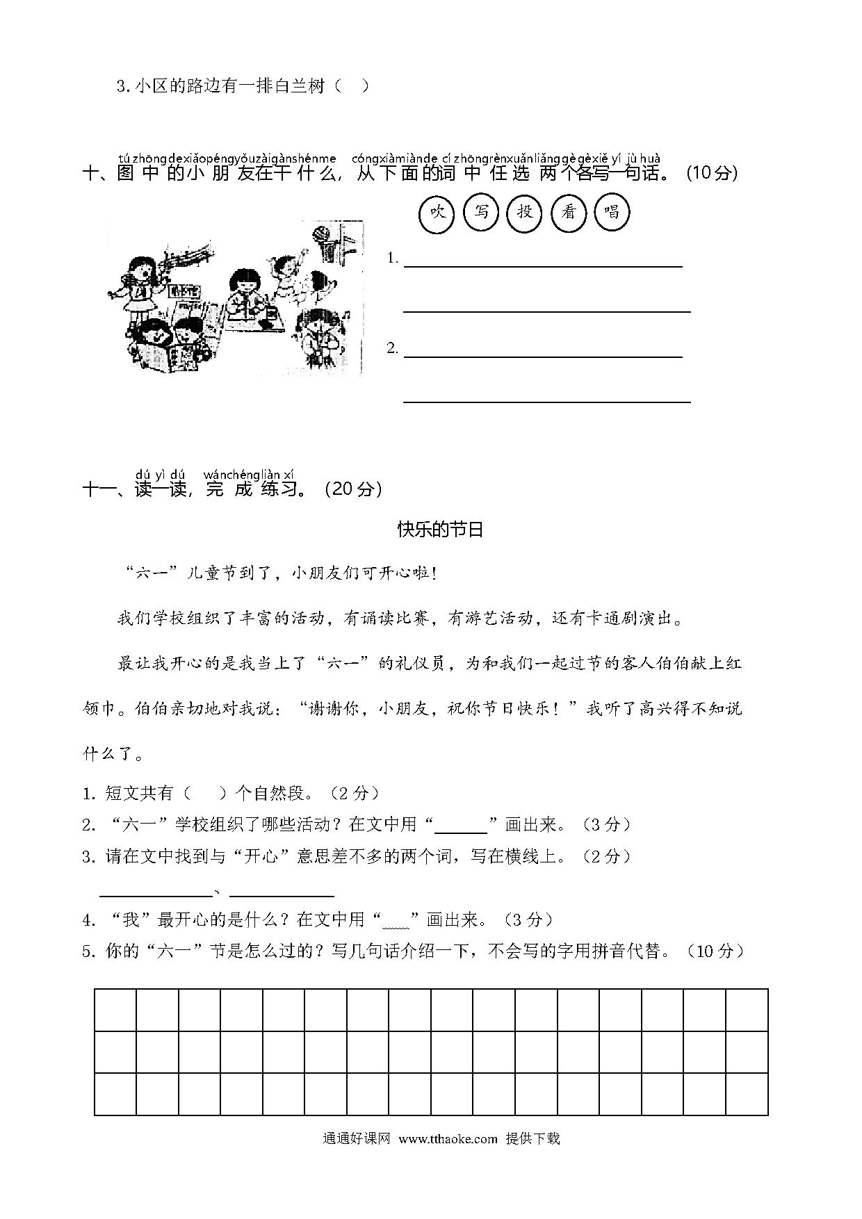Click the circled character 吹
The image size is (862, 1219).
(437, 213)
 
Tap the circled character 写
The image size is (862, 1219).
(481, 213)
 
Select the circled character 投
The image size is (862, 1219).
(525, 213)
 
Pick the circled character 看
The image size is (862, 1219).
(569, 213)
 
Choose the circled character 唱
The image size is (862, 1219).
(612, 213)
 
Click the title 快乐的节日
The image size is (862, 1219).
(440, 530)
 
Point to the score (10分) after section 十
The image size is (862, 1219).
(712, 173)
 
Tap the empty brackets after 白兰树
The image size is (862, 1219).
(352, 87)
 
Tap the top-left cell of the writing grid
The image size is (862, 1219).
(115, 1010)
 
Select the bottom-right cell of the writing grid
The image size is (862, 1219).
(747, 1094)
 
